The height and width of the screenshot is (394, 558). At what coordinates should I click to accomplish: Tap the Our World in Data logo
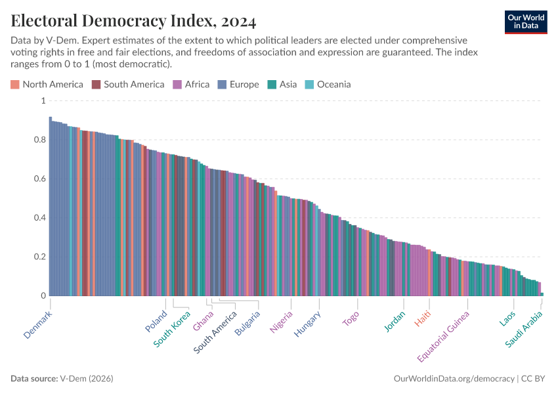tap(525, 22)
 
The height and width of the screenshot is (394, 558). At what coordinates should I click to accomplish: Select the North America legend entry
tap(47, 84)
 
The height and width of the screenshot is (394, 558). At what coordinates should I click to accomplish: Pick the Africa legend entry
tap(191, 84)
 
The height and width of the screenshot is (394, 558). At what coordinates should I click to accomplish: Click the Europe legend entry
tap(238, 84)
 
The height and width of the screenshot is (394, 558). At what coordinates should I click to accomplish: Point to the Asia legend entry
tap(282, 84)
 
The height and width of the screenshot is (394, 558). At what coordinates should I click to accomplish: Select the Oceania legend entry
tap(328, 84)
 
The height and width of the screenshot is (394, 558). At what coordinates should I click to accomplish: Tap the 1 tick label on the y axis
tap(43, 100)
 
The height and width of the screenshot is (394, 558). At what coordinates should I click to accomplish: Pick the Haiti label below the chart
tap(423, 319)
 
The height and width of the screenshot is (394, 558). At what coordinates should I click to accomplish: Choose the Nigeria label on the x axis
tap(282, 322)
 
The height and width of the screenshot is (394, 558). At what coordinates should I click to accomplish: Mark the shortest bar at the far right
tap(542, 294)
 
